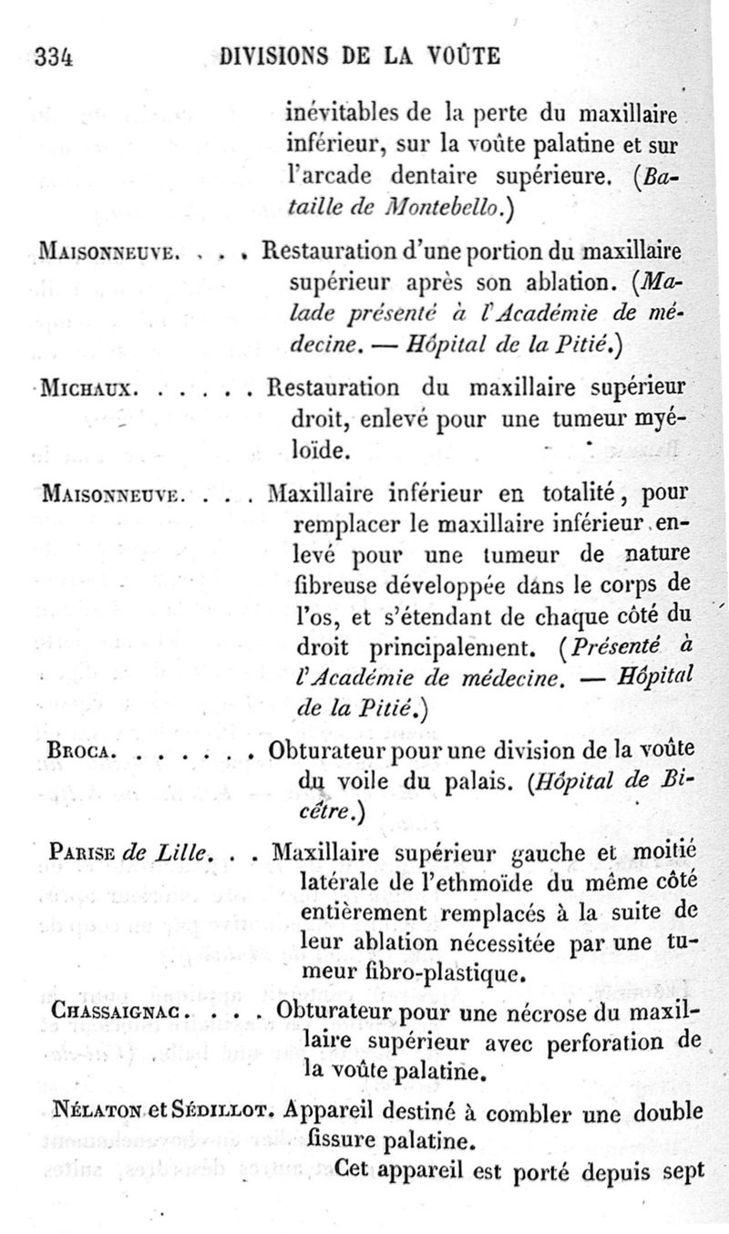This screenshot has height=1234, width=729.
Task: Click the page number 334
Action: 53,57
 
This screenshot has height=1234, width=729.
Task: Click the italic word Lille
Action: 184,856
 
